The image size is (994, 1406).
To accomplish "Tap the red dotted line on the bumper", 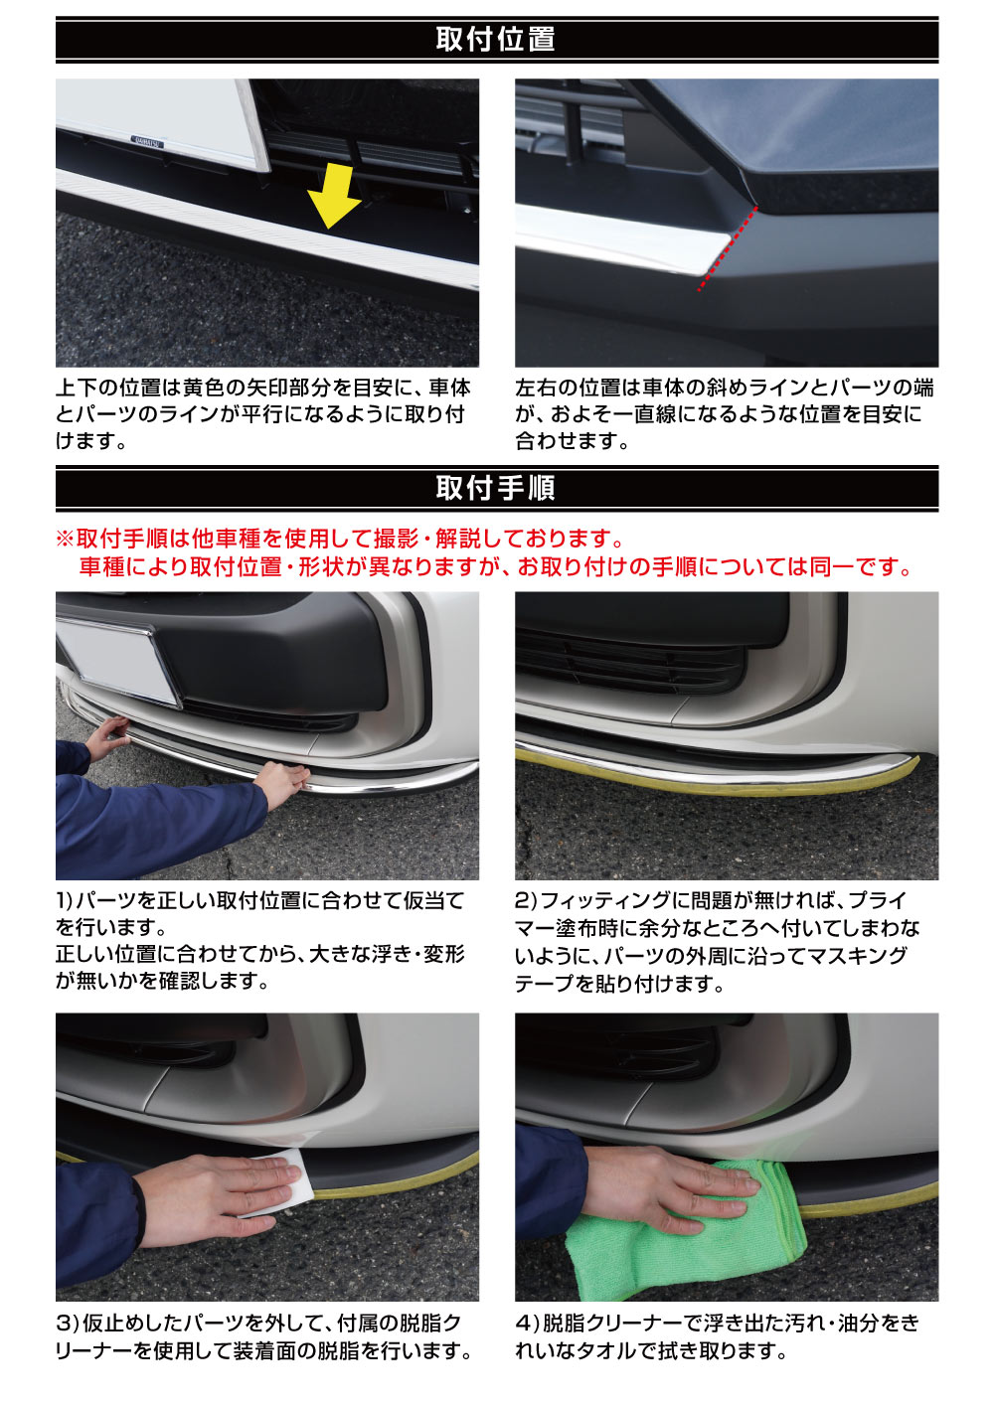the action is pyautogui.click(x=728, y=248).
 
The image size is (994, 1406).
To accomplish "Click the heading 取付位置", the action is pyautogui.click(x=496, y=39).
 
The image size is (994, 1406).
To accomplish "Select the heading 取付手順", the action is pyautogui.click(x=496, y=488).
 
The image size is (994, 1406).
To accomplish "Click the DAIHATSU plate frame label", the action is pyautogui.click(x=147, y=142).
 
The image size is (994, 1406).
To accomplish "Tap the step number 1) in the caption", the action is pyautogui.click(x=66, y=901).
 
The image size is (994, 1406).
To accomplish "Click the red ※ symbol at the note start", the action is pyautogui.click(x=66, y=539).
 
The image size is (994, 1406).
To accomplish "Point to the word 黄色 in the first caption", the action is pyautogui.click(x=204, y=388).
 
